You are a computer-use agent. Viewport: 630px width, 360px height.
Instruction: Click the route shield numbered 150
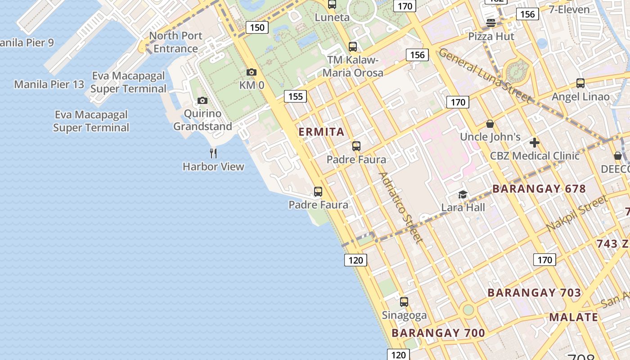click(x=257, y=27)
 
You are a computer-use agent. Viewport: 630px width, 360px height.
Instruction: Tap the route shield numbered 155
click(x=295, y=96)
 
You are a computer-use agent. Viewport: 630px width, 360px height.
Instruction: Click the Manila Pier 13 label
click(x=49, y=84)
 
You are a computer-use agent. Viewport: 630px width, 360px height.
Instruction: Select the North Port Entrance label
click(x=175, y=42)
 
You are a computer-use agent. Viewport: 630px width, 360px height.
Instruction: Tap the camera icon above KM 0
click(x=252, y=72)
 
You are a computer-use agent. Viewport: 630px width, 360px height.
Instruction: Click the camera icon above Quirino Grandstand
click(x=202, y=100)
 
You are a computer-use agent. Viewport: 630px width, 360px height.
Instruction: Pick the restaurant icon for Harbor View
click(x=213, y=153)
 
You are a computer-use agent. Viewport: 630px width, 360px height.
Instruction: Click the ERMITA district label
click(x=322, y=132)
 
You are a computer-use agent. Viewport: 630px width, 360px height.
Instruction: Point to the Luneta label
click(x=332, y=18)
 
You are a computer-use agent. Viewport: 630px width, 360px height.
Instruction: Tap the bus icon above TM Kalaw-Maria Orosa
click(x=353, y=47)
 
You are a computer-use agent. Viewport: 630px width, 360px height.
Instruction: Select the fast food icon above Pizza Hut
click(x=491, y=23)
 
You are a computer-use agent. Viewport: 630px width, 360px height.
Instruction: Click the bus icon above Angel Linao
click(x=580, y=83)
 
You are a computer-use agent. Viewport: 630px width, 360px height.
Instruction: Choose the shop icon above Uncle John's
click(x=490, y=124)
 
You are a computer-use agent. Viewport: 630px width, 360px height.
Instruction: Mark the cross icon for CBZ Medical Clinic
click(x=535, y=143)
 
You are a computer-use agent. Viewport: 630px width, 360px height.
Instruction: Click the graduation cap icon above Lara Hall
click(x=463, y=194)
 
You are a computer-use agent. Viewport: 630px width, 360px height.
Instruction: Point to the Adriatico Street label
click(x=401, y=207)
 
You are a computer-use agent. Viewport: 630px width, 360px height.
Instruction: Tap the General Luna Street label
click(x=485, y=75)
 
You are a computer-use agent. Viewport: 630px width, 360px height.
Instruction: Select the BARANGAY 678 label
click(x=539, y=189)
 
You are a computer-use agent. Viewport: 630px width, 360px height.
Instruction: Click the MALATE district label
click(x=573, y=317)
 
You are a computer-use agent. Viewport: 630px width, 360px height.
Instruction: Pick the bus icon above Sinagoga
click(x=404, y=302)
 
